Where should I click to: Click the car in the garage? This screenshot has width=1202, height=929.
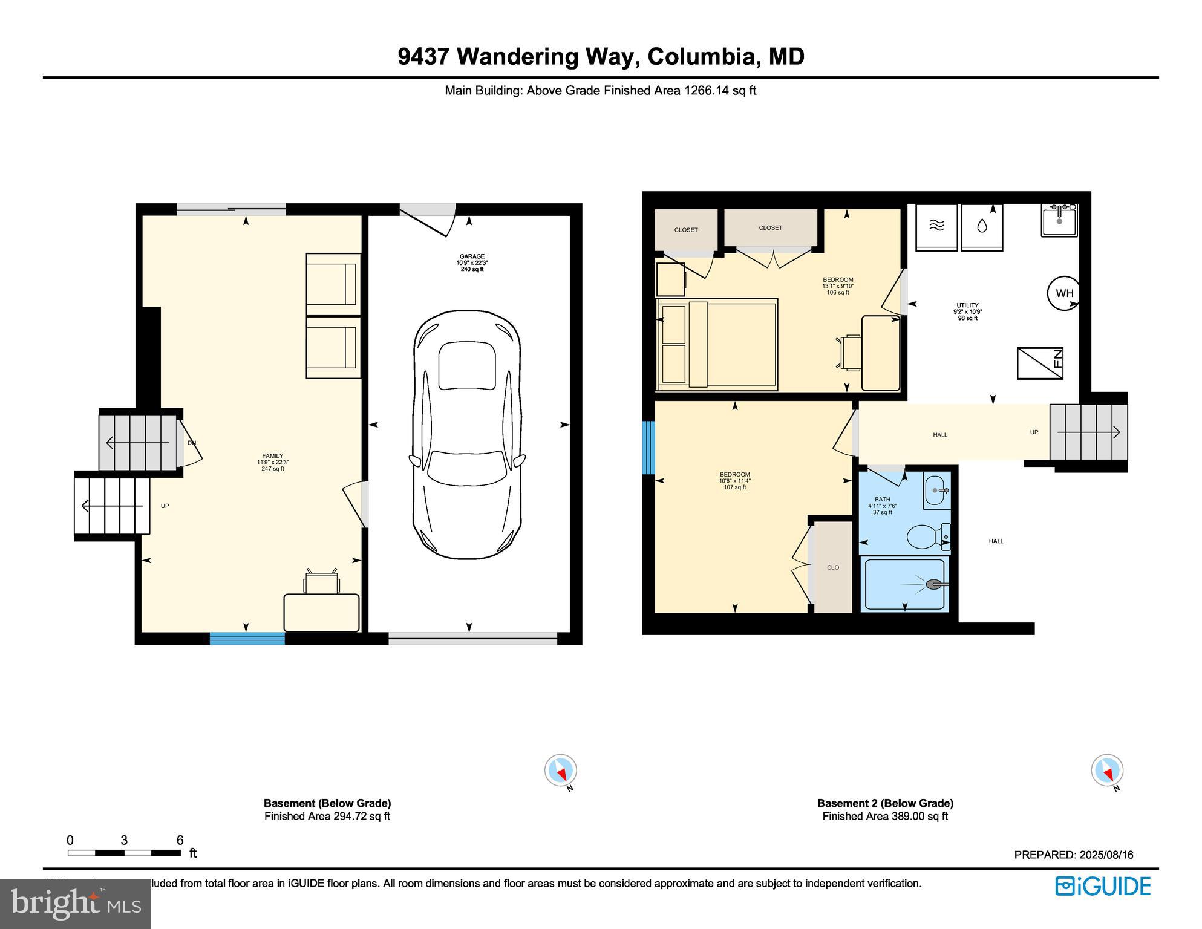(x=466, y=434)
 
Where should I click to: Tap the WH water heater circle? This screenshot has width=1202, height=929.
(x=1064, y=293)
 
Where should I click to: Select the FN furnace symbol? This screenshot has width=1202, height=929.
(x=1040, y=363)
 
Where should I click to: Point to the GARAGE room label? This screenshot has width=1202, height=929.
(x=471, y=256)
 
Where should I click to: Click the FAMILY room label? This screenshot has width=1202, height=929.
(x=272, y=456)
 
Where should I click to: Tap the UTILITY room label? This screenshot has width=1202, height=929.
(x=967, y=305)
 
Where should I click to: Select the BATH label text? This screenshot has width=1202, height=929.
(x=882, y=500)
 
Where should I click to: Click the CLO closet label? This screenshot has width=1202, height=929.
(x=833, y=567)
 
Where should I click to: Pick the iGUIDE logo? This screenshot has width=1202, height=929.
(x=1103, y=886)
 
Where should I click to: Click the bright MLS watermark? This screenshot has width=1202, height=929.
(x=76, y=904)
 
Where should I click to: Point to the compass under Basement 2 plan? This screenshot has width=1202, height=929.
(x=1106, y=771)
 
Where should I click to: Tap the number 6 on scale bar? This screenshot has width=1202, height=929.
(x=180, y=840)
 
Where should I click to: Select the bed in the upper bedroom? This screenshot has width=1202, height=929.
(x=717, y=344)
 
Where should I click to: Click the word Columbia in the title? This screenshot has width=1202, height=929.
(x=701, y=56)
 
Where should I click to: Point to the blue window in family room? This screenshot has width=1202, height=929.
(x=247, y=637)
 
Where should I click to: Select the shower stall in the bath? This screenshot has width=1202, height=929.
(x=904, y=584)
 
